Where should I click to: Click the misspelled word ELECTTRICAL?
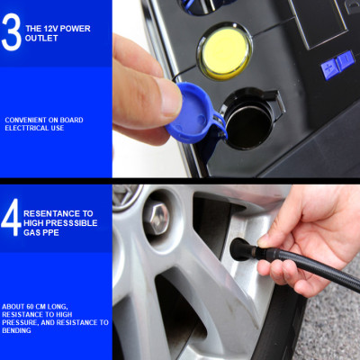[25, 129]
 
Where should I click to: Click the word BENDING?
[17, 330]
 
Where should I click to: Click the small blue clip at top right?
[337, 63]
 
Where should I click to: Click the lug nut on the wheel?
[157, 217]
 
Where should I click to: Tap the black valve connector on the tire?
[241, 249]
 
